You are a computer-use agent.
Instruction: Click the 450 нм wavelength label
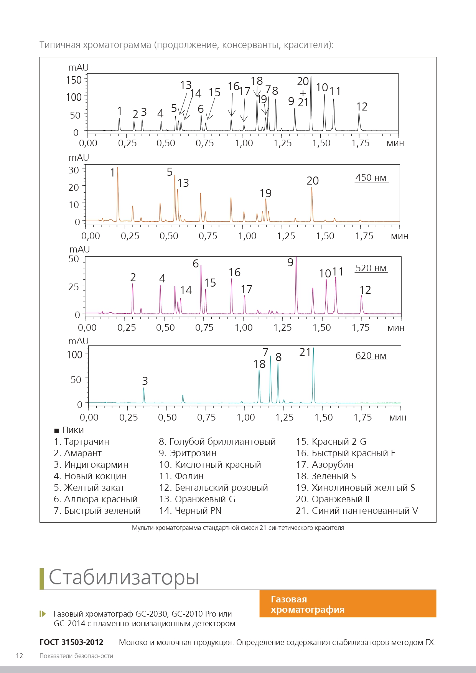(x=371, y=178)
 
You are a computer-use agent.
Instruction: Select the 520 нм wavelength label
(x=371, y=268)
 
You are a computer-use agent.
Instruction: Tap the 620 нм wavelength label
(x=371, y=356)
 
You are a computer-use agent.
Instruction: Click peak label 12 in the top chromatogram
(x=362, y=107)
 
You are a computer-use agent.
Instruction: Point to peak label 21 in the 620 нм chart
(x=305, y=352)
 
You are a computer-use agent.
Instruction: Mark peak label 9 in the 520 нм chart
(x=290, y=262)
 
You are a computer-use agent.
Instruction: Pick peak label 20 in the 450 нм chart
(x=313, y=181)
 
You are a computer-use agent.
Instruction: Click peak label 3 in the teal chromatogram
(x=145, y=381)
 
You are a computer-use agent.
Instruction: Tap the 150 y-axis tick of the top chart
(x=74, y=80)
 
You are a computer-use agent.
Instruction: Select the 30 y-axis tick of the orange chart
(x=74, y=170)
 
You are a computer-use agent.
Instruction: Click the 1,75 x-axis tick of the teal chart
(x=363, y=417)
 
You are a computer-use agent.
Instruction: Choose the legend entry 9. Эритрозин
(x=188, y=453)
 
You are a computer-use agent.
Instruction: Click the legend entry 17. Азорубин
(x=325, y=465)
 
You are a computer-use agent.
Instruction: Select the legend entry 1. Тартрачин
(x=82, y=442)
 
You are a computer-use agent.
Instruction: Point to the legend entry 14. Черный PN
(x=190, y=511)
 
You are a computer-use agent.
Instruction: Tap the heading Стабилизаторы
(x=124, y=577)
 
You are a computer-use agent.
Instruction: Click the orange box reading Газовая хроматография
(x=348, y=604)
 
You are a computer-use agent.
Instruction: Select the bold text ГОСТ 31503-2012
(x=71, y=642)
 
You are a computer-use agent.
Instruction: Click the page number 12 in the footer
(x=20, y=656)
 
